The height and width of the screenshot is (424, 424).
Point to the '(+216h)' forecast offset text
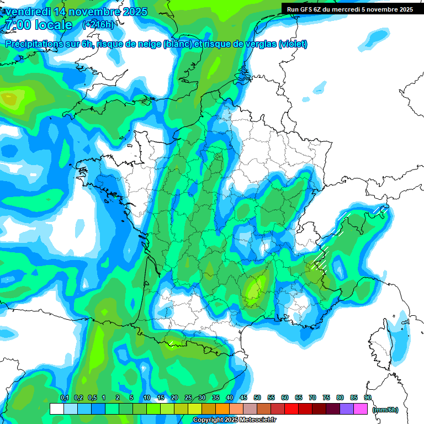98,25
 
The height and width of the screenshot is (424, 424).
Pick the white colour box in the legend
56,409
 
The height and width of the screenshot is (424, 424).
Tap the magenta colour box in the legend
361,409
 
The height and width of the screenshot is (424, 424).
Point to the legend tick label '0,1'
64,398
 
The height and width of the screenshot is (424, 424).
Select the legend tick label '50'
257,398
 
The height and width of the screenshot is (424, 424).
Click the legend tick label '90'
368,398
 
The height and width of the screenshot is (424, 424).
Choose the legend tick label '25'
188,398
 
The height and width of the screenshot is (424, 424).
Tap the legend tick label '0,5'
92,398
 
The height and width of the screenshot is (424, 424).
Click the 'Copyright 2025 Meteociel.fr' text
234,420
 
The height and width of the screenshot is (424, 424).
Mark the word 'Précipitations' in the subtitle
33,44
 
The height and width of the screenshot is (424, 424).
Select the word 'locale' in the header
54,25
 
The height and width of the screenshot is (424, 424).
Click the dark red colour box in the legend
319,409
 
